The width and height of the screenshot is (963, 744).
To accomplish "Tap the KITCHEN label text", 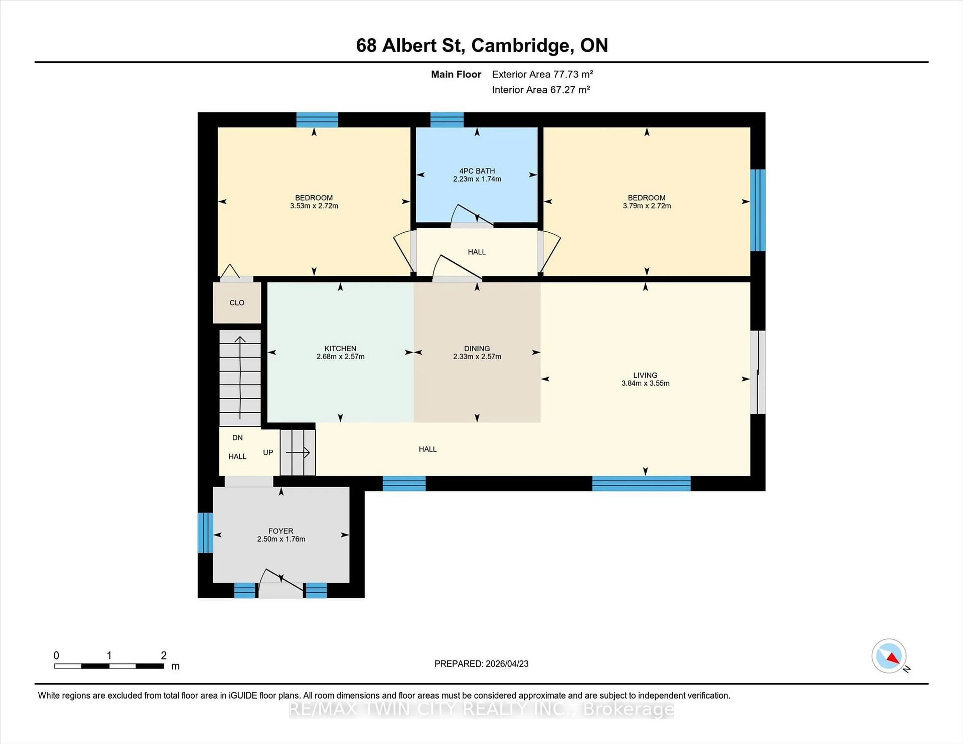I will [340, 348].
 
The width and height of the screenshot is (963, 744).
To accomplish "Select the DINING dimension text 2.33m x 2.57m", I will [477, 356].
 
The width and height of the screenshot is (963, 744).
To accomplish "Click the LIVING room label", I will [645, 375].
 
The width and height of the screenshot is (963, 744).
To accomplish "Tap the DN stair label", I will [237, 438].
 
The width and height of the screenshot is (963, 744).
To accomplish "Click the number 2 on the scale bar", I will [164, 656].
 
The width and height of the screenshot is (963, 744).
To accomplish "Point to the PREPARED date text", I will [481, 664].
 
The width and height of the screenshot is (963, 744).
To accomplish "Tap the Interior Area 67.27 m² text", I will [541, 90].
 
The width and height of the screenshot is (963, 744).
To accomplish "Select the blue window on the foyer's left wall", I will [205, 532].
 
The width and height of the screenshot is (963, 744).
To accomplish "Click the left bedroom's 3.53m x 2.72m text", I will [314, 206].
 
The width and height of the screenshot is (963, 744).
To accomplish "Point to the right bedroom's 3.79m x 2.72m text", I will [647, 206].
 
